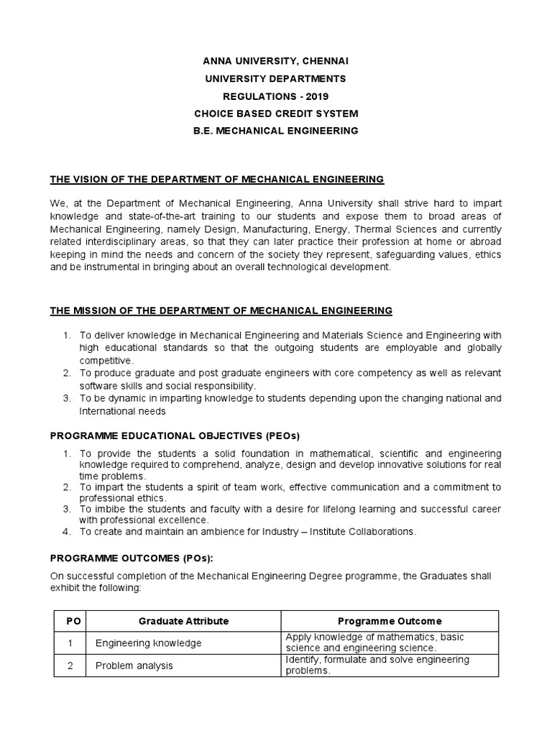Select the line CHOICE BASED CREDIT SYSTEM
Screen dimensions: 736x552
click(x=276, y=114)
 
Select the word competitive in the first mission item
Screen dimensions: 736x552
click(x=106, y=359)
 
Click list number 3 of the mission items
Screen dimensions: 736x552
click(x=66, y=398)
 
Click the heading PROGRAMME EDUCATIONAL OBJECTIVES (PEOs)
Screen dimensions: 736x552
click(x=174, y=436)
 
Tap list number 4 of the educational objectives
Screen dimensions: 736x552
click(x=66, y=532)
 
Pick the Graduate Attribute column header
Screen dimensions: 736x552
click(x=183, y=621)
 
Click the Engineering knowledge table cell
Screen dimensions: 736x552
click(x=149, y=643)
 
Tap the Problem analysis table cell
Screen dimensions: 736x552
click(x=134, y=666)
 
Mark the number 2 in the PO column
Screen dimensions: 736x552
click(x=70, y=666)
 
